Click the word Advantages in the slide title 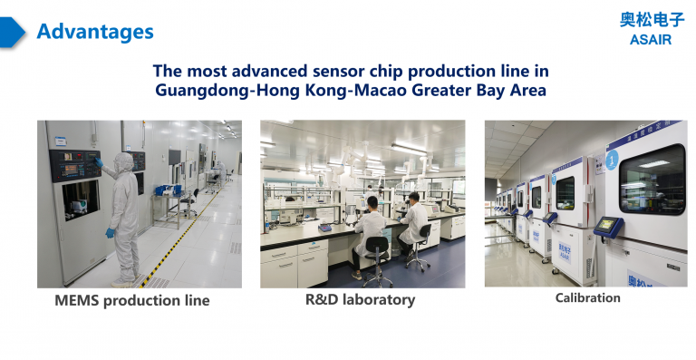coord(95,32)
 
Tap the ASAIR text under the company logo coord(650,39)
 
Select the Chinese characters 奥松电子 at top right coord(652,20)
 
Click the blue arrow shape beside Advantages coord(12,32)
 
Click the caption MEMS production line coord(132,300)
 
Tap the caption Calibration coord(587,297)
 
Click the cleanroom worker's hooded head coord(123,161)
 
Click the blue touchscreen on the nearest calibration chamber coord(604,223)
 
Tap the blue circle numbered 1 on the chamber coord(612,160)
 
